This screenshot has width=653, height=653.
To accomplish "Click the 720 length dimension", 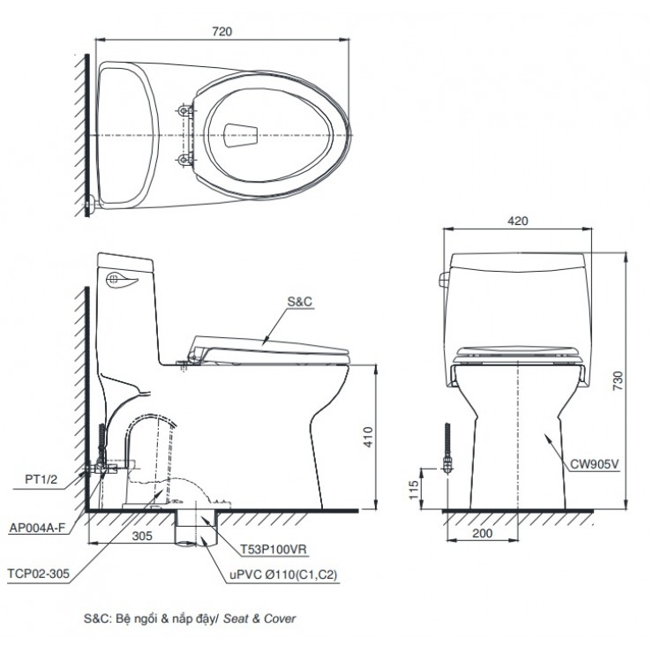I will click(x=222, y=32).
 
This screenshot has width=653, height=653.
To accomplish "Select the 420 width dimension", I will click(x=518, y=221).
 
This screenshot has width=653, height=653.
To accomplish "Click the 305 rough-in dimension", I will click(x=142, y=535).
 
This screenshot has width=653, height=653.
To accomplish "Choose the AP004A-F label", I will click(x=37, y=527).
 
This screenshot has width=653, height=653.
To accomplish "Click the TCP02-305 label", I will click(x=36, y=572).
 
